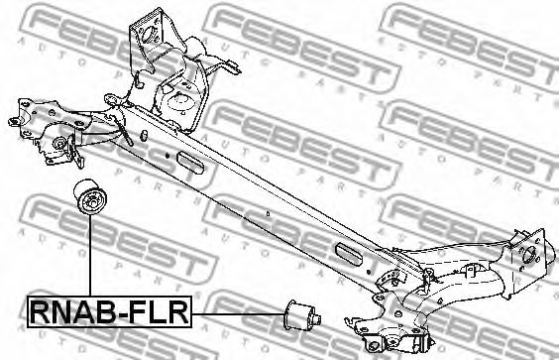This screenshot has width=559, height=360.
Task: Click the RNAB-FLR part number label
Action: [x=109, y=312]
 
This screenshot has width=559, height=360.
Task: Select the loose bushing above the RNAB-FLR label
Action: [x=89, y=197]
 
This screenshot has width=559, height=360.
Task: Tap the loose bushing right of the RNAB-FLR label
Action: [x=302, y=315]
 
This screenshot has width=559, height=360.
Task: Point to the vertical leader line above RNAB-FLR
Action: [x=90, y=256]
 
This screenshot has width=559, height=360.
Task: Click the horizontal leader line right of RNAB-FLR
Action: [x=238, y=314]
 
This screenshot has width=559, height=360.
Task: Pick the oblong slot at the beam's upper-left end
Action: [x=190, y=163]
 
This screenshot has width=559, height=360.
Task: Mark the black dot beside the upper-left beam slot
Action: [x=167, y=156]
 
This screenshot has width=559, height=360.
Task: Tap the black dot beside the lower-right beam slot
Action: [x=370, y=273]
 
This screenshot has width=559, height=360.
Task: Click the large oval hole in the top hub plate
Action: [x=148, y=34]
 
